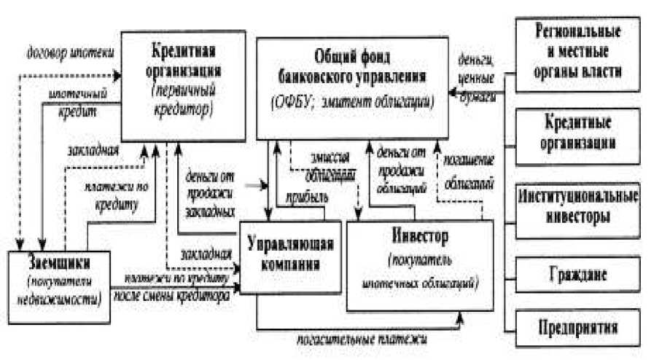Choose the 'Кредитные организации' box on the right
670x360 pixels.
577,131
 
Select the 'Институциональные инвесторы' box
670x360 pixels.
577,207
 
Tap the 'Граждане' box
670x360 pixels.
577,275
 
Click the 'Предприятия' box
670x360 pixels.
577,325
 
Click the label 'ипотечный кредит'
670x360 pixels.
79,102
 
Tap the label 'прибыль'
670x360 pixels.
306,196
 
